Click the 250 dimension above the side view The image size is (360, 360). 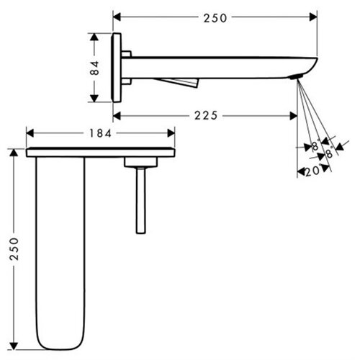click(x=215, y=18)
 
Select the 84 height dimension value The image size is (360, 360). click(x=95, y=68)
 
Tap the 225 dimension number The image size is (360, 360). click(x=206, y=116)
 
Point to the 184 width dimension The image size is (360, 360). click(x=101, y=133)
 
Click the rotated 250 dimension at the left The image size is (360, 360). click(x=14, y=249)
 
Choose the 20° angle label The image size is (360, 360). click(x=312, y=171)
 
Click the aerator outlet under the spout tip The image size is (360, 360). click(x=296, y=77)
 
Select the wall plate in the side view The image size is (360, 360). click(x=117, y=68)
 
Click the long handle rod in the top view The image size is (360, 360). click(x=140, y=200)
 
